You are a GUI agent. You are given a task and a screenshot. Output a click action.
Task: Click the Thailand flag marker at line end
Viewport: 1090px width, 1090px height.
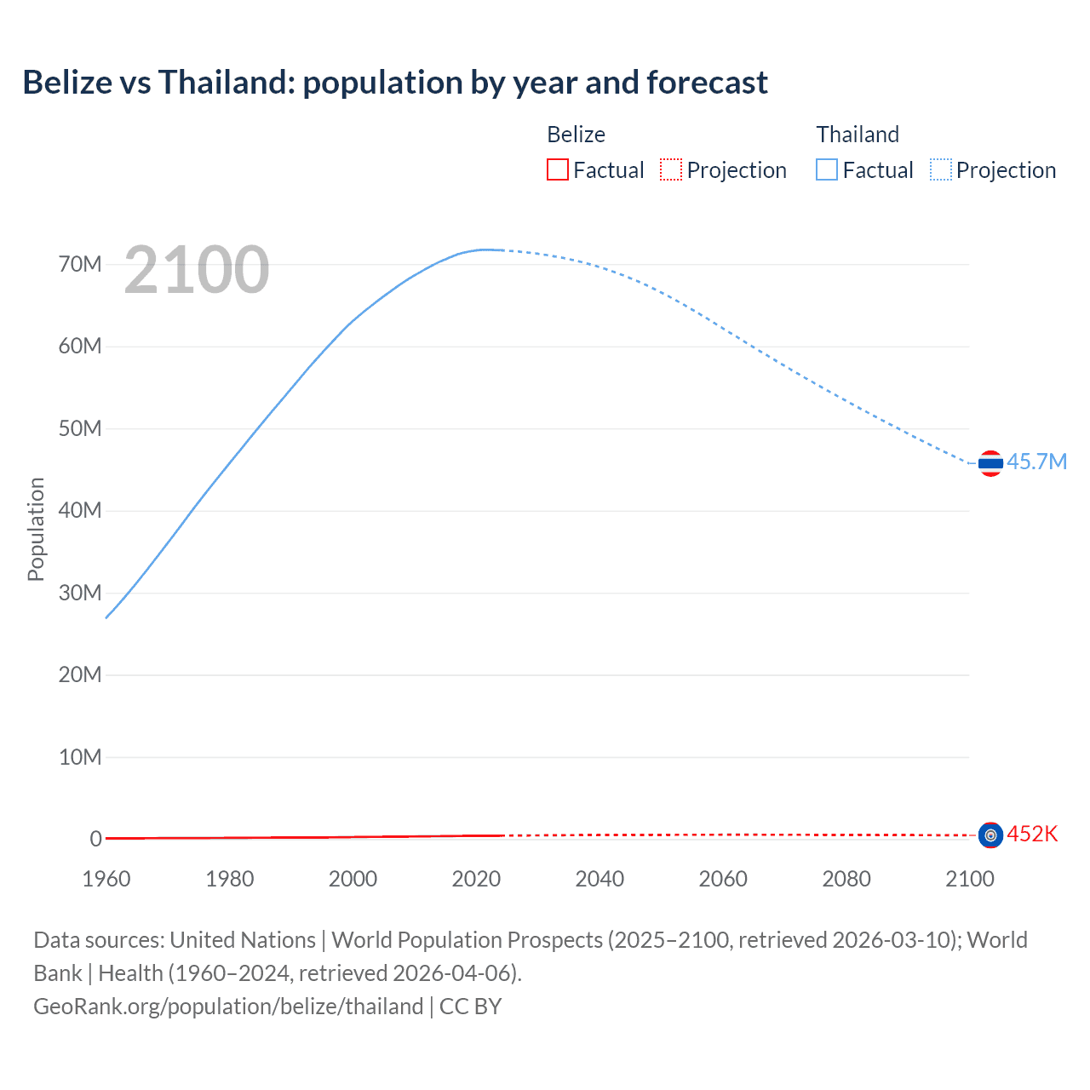point(990,463)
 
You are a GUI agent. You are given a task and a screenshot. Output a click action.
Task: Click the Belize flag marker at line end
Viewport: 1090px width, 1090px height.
point(990,835)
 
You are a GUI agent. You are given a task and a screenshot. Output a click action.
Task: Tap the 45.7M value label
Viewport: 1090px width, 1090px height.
point(1036,462)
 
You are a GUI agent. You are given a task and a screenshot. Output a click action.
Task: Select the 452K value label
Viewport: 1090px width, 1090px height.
point(1032,834)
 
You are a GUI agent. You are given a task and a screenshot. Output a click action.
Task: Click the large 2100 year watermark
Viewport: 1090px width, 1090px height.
point(197,270)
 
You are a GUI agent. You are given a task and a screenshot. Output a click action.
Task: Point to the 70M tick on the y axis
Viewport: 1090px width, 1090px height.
point(80,264)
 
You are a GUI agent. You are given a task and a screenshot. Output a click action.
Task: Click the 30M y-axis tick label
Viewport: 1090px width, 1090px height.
point(80,593)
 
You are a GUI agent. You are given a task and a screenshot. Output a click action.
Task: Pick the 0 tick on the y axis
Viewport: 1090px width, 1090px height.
point(96,839)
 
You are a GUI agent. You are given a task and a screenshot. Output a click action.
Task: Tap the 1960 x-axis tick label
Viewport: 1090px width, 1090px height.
point(106,879)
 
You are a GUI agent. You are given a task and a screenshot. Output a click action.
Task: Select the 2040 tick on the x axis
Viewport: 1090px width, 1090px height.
point(599,879)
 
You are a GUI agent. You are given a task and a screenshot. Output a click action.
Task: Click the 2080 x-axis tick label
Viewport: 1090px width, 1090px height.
point(846,879)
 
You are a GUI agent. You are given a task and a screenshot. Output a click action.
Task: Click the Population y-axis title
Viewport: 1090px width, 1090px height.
point(36,529)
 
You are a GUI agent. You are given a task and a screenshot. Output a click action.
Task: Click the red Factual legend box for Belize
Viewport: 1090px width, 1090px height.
point(558,169)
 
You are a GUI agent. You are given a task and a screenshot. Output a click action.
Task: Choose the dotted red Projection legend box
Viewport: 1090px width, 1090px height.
point(671,169)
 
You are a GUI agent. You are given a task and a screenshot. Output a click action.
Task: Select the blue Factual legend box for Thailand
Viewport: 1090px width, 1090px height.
point(827,169)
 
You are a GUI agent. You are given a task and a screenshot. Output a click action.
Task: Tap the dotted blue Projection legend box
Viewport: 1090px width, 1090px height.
point(941,169)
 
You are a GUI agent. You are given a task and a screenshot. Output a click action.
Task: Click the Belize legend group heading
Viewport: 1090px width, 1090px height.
point(576,135)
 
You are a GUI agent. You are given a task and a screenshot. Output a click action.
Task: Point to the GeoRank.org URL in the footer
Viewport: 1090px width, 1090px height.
point(228,1007)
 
